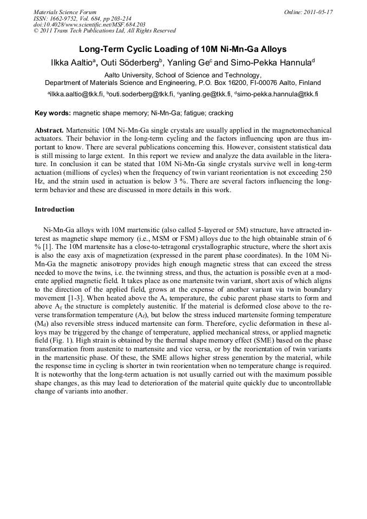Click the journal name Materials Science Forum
[x=65, y=11]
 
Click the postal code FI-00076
[x=260, y=83]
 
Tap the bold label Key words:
[x=53, y=114]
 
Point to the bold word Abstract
[x=49, y=131]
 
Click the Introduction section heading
[x=55, y=209]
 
